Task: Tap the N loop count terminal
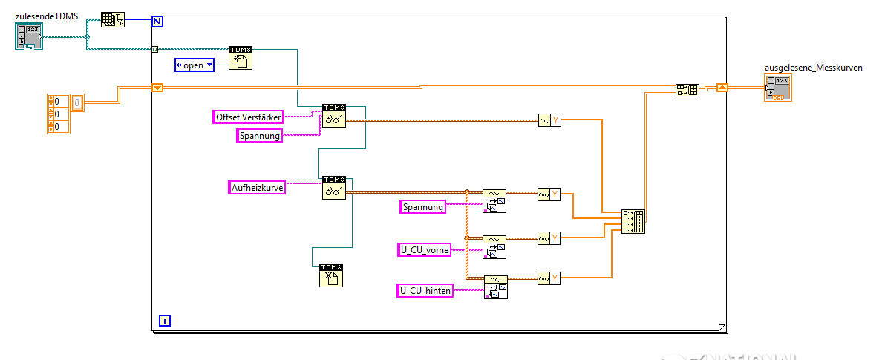(157, 21)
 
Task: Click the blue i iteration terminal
(165, 321)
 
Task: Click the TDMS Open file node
(241, 58)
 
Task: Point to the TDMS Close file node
(330, 275)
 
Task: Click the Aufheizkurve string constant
(257, 187)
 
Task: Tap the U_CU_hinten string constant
(425, 291)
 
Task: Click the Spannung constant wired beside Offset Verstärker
(259, 135)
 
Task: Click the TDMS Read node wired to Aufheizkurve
(334, 187)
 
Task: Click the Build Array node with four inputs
(634, 221)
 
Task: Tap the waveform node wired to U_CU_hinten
(495, 287)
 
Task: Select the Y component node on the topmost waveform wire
(549, 120)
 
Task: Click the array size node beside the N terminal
(113, 20)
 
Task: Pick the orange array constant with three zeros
(58, 114)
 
